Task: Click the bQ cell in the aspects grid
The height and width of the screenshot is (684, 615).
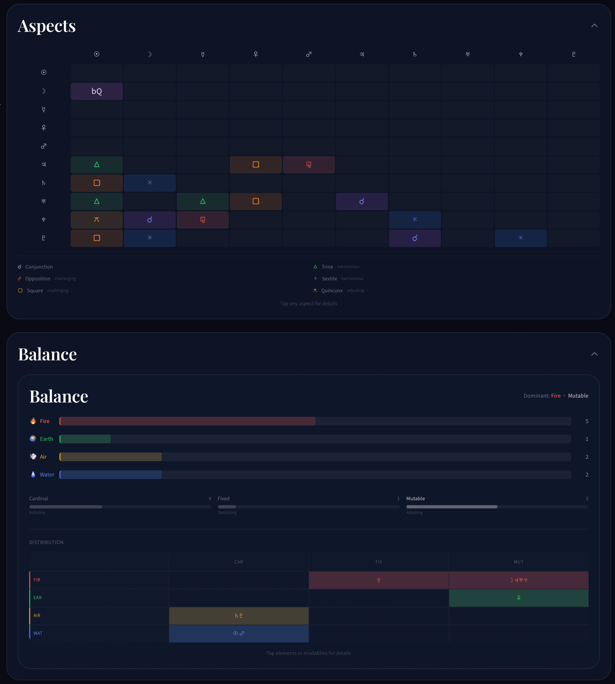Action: [97, 91]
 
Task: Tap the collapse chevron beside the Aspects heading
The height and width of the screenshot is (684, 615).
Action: [594, 26]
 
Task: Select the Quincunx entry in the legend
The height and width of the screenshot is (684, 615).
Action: [332, 290]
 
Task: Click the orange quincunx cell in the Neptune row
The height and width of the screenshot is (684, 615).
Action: [97, 220]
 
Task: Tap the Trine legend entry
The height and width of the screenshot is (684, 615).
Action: [327, 267]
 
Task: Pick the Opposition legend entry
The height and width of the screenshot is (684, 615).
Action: [38, 279]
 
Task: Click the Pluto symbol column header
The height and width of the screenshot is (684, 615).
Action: [573, 54]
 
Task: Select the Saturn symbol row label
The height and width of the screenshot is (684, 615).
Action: [43, 183]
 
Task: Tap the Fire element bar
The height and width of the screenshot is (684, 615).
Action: [188, 421]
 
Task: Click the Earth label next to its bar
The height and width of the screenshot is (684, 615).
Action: [46, 439]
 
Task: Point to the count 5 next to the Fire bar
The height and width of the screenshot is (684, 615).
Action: [587, 421]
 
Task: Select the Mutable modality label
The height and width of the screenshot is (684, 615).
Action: [415, 498]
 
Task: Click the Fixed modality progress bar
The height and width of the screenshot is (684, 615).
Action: [308, 507]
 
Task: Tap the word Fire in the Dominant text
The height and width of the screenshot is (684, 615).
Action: [556, 395]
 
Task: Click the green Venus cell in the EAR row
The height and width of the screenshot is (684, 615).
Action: [518, 598]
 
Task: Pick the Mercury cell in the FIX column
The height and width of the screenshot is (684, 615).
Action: [379, 580]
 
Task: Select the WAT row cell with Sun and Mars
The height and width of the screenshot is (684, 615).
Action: [239, 633]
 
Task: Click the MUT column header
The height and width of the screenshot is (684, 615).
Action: [518, 562]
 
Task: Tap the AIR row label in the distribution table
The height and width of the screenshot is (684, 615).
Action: [37, 615]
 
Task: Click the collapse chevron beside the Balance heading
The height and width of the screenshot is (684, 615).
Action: [594, 354]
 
